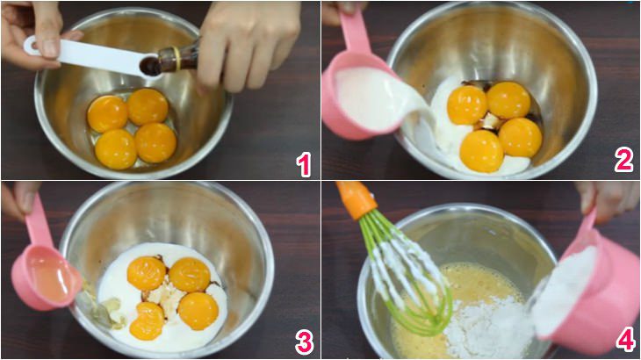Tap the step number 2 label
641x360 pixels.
tap(623, 159)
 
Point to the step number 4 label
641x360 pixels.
tap(624, 341)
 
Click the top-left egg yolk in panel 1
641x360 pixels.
tap(107, 113)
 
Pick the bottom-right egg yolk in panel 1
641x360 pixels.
tap(155, 142)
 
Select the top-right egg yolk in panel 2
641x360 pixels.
tap(508, 100)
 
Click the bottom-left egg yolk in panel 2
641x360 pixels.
tap(481, 150)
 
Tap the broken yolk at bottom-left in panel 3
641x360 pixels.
tap(148, 321)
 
